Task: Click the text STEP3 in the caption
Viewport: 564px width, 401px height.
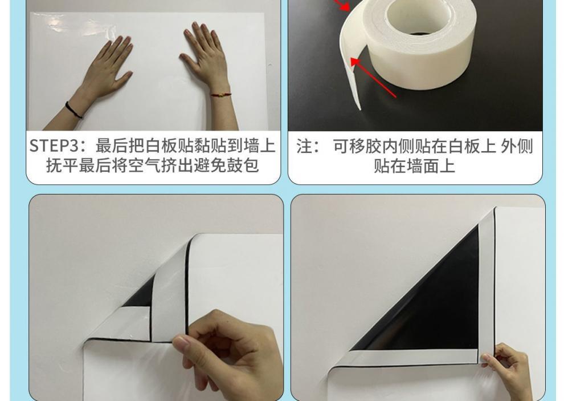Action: tap(56, 146)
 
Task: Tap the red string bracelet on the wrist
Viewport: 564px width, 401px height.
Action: tap(220, 94)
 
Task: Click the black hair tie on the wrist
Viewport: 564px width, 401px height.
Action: tap(73, 110)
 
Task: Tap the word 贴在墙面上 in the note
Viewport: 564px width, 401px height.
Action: tap(414, 167)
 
